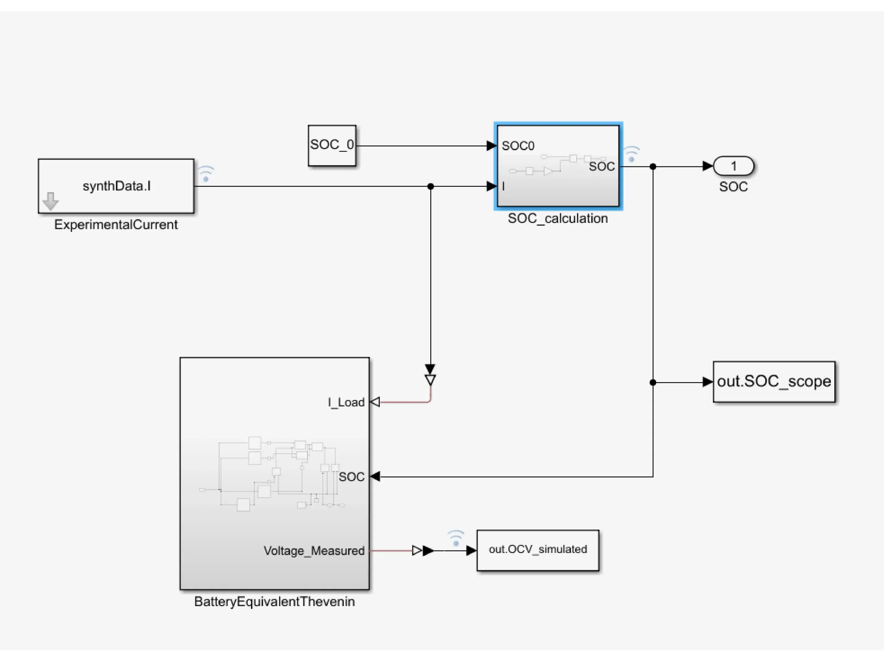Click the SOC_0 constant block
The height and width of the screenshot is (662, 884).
332,145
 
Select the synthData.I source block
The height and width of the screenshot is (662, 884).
116,186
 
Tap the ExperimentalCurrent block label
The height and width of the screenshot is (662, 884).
116,225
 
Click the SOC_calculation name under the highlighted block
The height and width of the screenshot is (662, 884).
557,218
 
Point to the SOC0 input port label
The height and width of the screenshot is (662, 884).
518,146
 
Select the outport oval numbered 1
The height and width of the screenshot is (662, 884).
733,166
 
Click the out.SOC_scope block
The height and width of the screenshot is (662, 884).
774,381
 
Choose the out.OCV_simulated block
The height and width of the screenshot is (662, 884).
538,550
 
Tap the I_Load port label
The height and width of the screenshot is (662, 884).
346,402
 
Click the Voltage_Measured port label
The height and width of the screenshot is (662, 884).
314,551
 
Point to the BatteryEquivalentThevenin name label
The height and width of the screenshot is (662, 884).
275,602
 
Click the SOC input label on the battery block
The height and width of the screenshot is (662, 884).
351,477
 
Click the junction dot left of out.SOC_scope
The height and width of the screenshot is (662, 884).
653,383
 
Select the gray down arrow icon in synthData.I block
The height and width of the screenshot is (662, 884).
51,201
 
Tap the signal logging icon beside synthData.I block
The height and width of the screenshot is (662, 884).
206,174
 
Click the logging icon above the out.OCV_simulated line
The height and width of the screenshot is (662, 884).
455,538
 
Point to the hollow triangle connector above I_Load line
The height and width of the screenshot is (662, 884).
430,380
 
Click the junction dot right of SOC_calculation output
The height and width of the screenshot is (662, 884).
653,167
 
